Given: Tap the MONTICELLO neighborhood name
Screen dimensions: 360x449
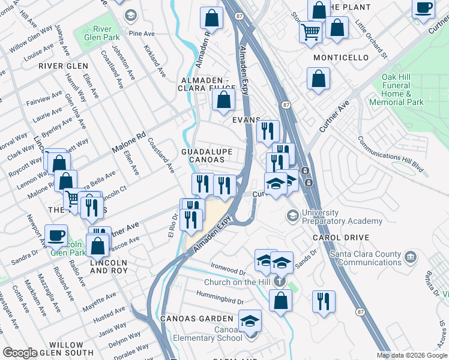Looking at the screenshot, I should [341, 58].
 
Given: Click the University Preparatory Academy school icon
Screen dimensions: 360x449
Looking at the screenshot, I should [292, 215].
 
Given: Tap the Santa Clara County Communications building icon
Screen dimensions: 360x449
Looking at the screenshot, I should [411, 257].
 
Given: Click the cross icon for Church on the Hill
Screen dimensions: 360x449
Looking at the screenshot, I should [279, 281].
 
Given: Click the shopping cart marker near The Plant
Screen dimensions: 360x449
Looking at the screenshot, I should [310, 31].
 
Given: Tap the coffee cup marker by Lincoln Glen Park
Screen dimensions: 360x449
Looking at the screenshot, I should [56, 235].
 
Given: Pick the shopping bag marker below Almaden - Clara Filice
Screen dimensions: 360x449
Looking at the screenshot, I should [223, 101].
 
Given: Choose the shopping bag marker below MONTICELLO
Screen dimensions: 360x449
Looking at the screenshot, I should [318, 79].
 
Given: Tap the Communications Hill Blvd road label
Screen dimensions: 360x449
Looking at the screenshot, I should [390, 155].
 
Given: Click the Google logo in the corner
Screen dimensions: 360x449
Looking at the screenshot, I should [19, 353].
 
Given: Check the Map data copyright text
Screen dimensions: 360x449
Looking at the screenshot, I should [412, 355].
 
